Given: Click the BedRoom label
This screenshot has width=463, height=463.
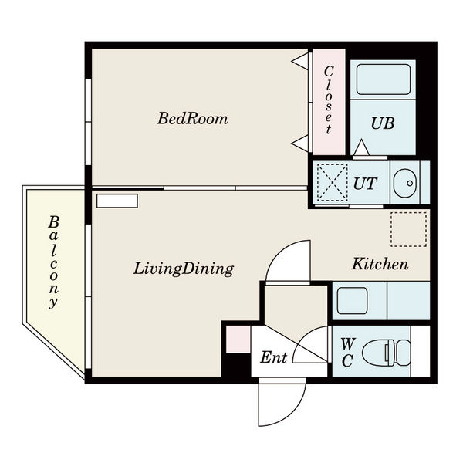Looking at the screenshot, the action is (x=192, y=118).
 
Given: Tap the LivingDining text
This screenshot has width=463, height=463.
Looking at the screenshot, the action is (x=184, y=269).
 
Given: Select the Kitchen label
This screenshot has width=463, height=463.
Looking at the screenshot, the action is (x=380, y=264).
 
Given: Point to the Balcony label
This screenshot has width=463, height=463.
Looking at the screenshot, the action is (x=53, y=262).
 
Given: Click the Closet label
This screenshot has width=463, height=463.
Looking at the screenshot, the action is (x=329, y=100).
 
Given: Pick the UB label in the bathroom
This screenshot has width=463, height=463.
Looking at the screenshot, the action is (x=383, y=123).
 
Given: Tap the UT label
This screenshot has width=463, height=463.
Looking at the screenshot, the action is (x=365, y=184).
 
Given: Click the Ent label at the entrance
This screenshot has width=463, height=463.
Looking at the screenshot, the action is (x=274, y=357).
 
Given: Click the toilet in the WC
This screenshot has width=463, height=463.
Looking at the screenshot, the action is (x=386, y=353).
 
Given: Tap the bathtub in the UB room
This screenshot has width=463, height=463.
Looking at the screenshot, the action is (x=384, y=79).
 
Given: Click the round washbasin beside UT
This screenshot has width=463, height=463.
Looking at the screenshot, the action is (x=405, y=184).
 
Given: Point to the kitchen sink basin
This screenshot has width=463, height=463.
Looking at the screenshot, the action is (x=353, y=301).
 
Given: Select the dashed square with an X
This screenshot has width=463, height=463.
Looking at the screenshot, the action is (x=332, y=183).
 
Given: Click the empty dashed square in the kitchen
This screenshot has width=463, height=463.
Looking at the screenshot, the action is (x=409, y=229).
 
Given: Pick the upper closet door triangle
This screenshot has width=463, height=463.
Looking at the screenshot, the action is (x=299, y=62).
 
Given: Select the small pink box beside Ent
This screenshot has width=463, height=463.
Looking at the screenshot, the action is (x=238, y=339).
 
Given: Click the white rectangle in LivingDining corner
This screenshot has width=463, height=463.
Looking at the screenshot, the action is (x=117, y=201).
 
